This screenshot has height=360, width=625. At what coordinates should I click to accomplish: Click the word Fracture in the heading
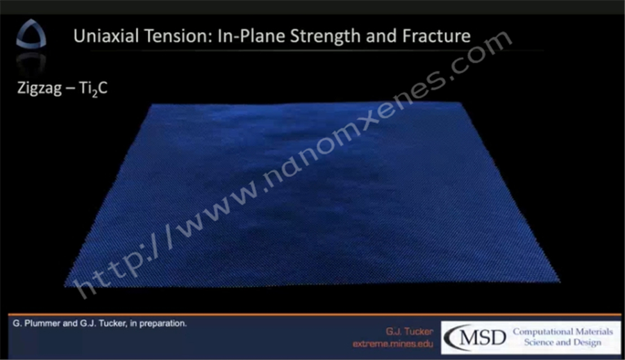(x=437, y=36)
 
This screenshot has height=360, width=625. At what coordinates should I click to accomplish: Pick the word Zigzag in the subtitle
(x=39, y=88)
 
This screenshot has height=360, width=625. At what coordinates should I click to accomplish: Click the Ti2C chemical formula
(x=93, y=88)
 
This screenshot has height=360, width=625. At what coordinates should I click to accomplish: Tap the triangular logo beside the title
(x=31, y=34)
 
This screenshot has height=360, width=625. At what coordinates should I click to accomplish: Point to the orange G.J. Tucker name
(x=409, y=332)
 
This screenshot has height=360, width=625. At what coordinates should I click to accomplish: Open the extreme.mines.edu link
(x=392, y=343)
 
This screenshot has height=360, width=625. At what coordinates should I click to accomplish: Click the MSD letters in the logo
(x=483, y=338)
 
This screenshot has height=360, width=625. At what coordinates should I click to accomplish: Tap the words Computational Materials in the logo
(x=562, y=332)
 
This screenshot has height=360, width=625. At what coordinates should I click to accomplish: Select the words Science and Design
(x=562, y=343)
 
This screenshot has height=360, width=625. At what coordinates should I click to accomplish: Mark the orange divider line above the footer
(x=315, y=315)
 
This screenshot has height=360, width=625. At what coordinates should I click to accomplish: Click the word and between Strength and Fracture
(x=381, y=36)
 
